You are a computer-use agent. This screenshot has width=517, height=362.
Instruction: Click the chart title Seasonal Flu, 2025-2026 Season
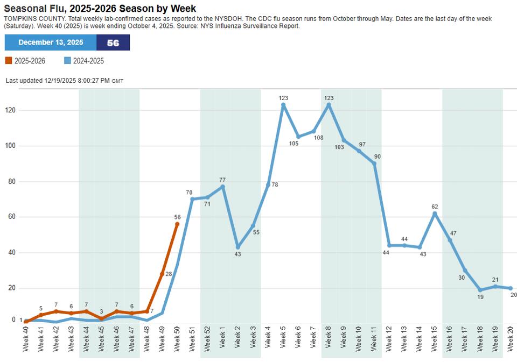point(100,9)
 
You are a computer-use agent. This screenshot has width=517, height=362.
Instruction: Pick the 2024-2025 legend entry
point(84,61)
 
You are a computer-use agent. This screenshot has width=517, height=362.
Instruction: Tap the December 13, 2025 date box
point(51,42)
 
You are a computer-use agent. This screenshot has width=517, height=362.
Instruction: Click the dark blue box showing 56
point(113,42)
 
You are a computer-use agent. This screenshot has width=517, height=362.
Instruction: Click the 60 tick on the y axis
point(10,217)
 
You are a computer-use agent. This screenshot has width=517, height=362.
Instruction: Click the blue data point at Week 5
point(283,105)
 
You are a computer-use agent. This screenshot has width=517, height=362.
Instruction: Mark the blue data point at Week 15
point(435,214)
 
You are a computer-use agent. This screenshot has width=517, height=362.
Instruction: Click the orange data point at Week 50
point(177,224)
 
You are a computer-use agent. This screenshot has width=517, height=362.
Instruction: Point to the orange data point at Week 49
point(162,274)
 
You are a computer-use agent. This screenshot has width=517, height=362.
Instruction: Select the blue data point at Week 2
point(237,247)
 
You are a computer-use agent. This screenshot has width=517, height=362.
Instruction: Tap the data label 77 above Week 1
point(222,180)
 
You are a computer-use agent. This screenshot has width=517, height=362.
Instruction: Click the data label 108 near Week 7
point(318,138)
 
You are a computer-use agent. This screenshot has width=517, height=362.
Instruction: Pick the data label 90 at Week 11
point(377,157)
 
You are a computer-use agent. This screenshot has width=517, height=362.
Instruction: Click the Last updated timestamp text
point(64,81)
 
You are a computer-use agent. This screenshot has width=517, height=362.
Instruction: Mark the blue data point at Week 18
point(480,290)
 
